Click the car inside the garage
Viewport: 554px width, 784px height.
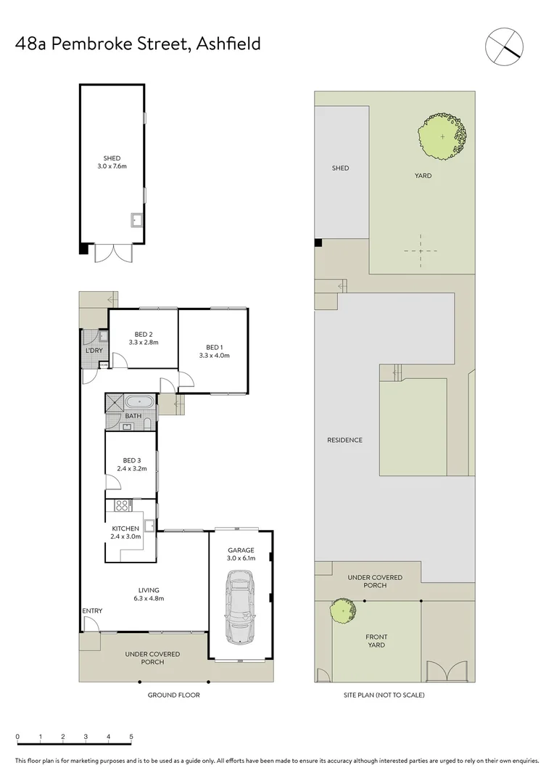pyautogui.click(x=240, y=606)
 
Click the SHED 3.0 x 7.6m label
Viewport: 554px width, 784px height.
pyautogui.click(x=112, y=163)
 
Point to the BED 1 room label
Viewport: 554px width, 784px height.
pyautogui.click(x=214, y=351)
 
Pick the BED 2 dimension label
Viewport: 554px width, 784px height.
pyautogui.click(x=143, y=342)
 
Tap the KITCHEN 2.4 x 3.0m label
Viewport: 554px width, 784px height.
pyautogui.click(x=125, y=532)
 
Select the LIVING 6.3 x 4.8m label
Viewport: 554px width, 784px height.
pyautogui.click(x=149, y=594)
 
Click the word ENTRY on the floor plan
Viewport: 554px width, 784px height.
pyautogui.click(x=92, y=611)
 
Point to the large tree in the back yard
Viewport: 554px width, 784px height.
pyautogui.click(x=442, y=136)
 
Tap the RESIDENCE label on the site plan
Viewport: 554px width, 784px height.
pyautogui.click(x=344, y=440)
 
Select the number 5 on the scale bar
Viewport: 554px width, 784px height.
pyautogui.click(x=131, y=737)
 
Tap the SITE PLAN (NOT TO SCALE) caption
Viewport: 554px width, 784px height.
pyautogui.click(x=384, y=695)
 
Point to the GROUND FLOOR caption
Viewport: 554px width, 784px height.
pyautogui.click(x=173, y=695)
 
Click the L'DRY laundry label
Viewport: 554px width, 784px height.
pyautogui.click(x=94, y=351)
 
